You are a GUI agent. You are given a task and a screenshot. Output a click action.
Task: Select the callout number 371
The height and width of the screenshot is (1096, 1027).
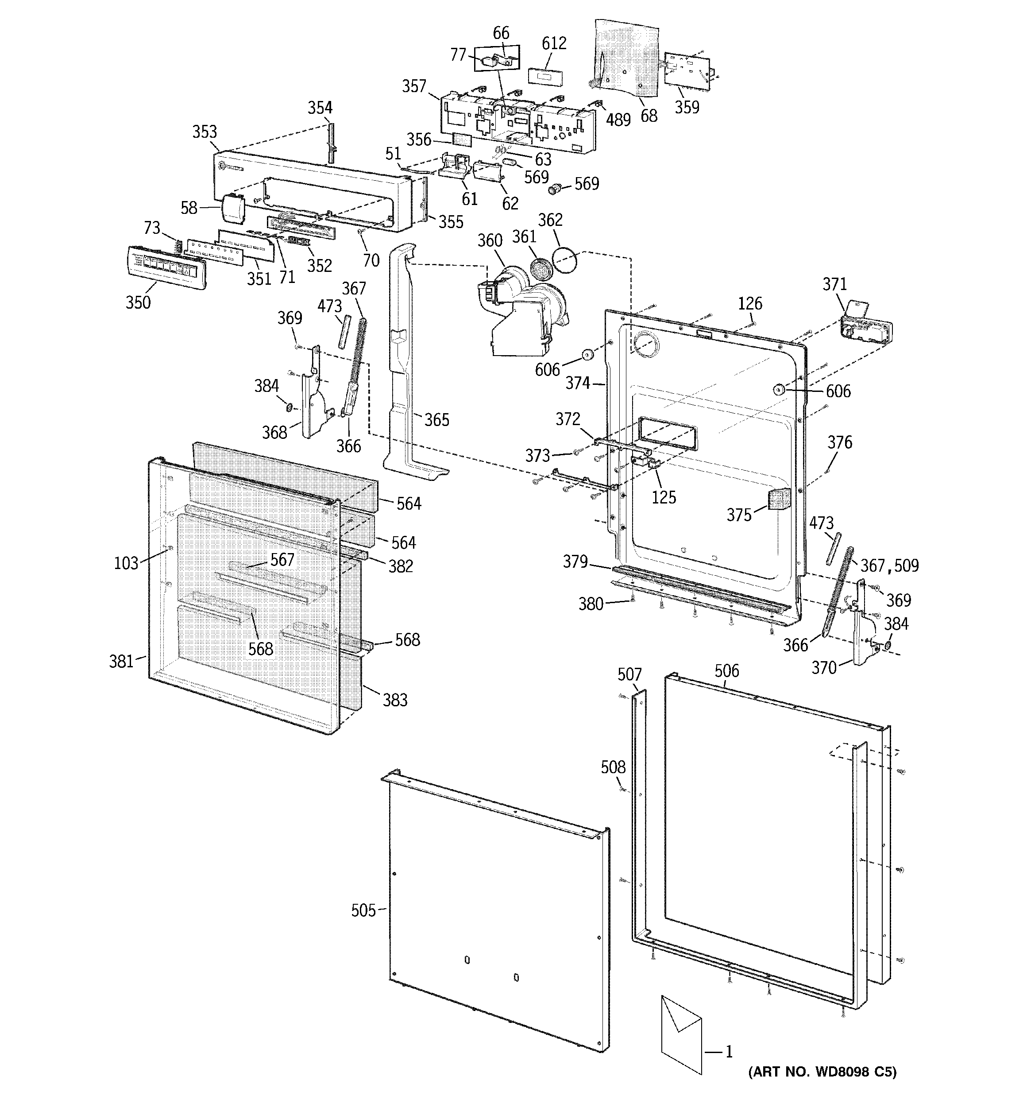pos(834,284)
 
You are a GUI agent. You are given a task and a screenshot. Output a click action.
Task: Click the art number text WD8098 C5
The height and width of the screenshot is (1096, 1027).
pos(822,1072)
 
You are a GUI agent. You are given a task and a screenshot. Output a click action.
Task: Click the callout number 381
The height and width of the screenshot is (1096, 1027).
pos(121,661)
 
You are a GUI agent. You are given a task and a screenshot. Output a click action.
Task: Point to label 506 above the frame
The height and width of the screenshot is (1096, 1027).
pos(726,671)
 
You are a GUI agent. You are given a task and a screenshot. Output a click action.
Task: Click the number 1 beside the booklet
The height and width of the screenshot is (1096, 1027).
pos(728,1052)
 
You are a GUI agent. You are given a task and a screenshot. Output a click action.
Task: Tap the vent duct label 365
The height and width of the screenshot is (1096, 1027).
pos(436,420)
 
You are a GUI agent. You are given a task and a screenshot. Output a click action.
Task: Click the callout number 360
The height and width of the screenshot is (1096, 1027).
pos(490,241)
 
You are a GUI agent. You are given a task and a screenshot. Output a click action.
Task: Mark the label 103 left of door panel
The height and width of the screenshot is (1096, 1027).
pos(125,563)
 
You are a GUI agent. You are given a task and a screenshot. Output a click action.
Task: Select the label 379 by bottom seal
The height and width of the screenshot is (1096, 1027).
pos(575,562)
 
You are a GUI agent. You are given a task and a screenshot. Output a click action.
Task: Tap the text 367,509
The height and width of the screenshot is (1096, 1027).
pos(889,565)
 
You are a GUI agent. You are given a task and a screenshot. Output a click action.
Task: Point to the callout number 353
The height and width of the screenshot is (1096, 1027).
pos(205,132)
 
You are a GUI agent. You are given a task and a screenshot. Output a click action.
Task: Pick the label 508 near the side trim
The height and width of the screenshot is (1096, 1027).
pos(613,767)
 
